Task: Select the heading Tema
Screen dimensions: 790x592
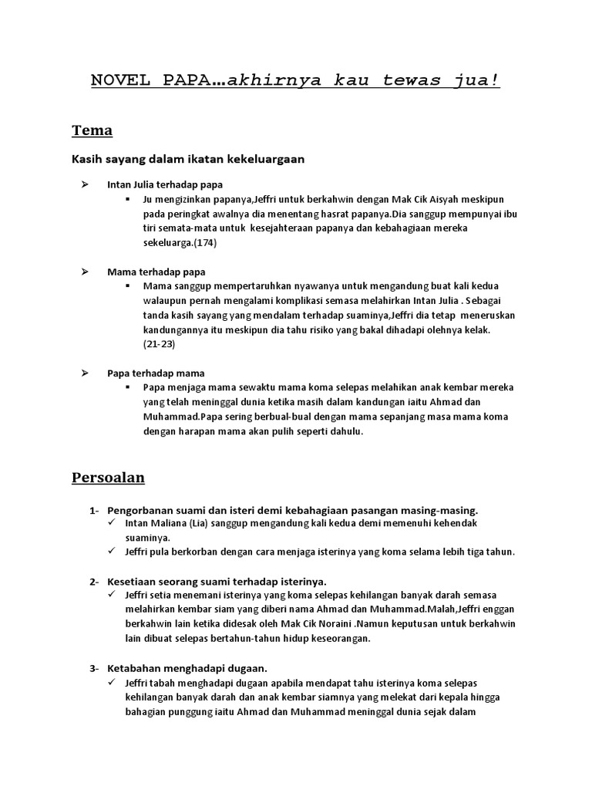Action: tap(92, 130)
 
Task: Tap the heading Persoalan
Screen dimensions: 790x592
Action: tap(108, 478)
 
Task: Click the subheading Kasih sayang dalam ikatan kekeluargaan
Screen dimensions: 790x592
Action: tap(188, 160)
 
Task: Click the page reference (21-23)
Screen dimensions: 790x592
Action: tap(159, 344)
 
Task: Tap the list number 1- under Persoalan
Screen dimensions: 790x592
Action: tap(94, 511)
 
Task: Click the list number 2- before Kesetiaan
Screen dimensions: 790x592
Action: tap(94, 581)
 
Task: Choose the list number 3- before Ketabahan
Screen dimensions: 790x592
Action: tap(94, 667)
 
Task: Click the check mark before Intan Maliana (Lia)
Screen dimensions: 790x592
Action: tap(113, 524)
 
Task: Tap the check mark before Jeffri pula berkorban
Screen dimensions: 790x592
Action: tap(113, 552)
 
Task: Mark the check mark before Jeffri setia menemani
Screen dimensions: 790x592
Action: tap(113, 595)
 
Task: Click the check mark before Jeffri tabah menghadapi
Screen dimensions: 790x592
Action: tap(113, 682)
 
